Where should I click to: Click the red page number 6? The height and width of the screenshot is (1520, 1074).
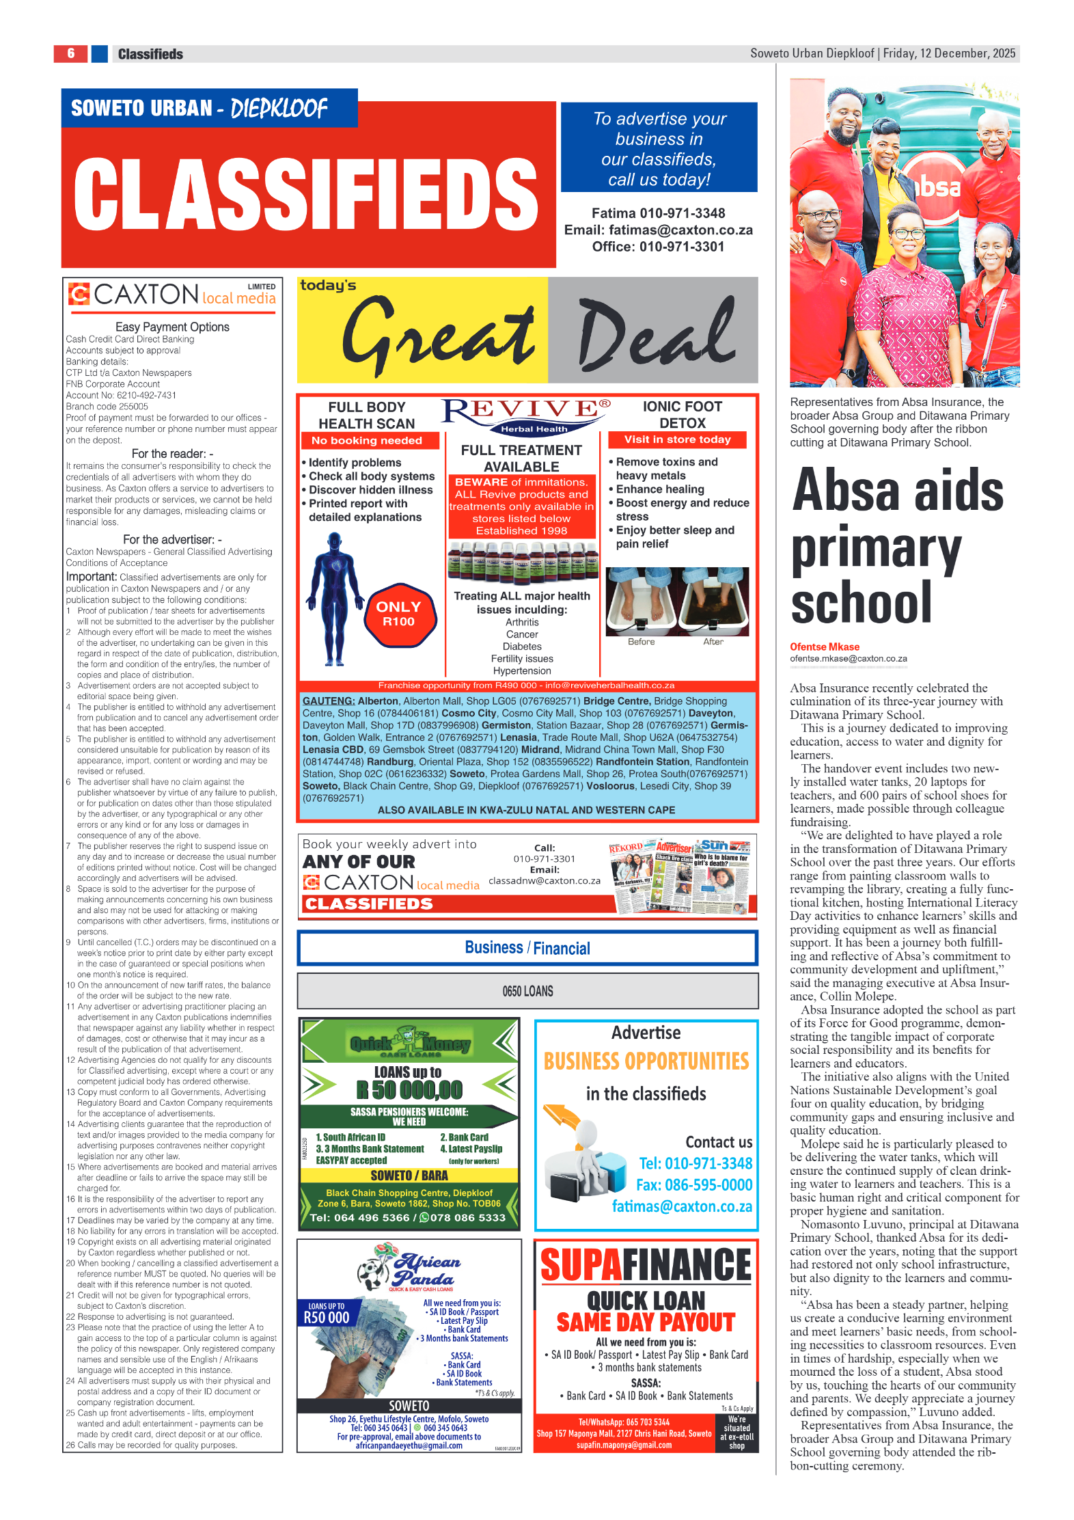(70, 53)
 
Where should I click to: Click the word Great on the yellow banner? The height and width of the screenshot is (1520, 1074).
(437, 335)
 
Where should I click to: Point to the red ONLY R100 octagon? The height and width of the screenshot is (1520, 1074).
(398, 614)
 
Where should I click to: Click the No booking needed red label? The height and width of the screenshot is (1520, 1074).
(366, 441)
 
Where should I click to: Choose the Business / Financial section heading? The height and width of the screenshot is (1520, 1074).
(527, 948)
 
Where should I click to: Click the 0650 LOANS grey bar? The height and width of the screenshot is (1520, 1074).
(527, 991)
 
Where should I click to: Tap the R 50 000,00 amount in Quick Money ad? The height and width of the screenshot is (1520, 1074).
(409, 1089)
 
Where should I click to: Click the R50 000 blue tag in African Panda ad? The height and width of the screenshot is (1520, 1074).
(327, 1316)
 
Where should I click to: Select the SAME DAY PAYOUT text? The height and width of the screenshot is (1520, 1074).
(646, 1322)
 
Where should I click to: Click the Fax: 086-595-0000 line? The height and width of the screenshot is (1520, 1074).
(694, 1185)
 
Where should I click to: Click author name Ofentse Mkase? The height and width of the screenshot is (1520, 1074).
(824, 647)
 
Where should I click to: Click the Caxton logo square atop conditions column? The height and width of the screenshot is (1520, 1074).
(79, 294)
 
